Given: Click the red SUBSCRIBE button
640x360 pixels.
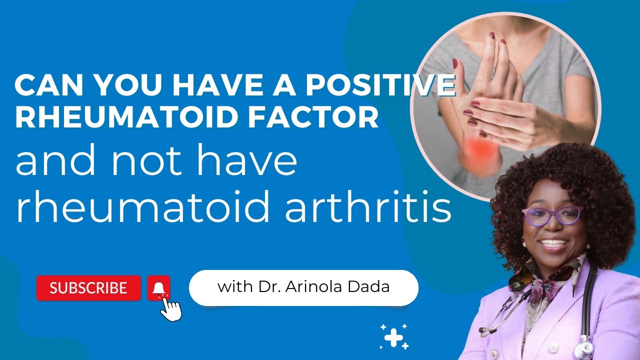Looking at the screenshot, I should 88,288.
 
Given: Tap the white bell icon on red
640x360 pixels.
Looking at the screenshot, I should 159,288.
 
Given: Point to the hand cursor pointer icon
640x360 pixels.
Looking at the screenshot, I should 170,310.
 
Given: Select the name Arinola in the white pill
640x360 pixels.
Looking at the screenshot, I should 331,287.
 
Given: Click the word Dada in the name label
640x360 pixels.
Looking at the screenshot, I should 375,287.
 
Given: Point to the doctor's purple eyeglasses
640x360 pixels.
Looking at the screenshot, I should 552,215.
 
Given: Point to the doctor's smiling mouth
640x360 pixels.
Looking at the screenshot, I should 554,245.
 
